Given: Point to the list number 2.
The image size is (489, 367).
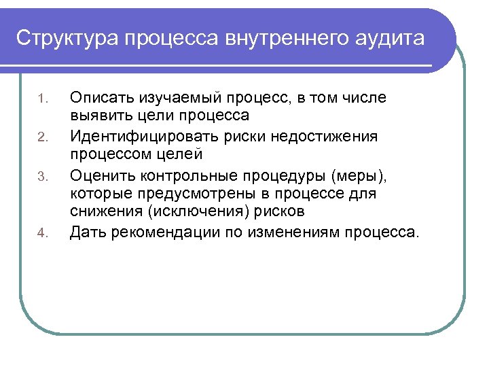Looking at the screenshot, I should [x=41, y=139].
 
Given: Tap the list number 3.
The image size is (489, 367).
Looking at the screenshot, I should [x=41, y=177].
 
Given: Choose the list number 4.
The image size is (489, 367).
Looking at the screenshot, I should [x=41, y=235].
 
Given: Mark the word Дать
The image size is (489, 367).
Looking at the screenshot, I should [x=87, y=233].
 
